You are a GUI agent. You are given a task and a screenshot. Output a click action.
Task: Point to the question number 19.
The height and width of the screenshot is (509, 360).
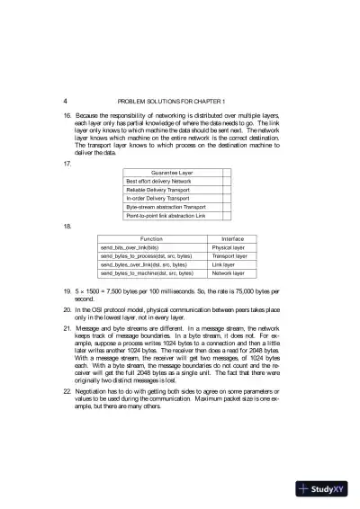pos(67,292)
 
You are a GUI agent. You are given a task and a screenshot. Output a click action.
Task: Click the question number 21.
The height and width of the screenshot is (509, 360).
pos(67,329)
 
